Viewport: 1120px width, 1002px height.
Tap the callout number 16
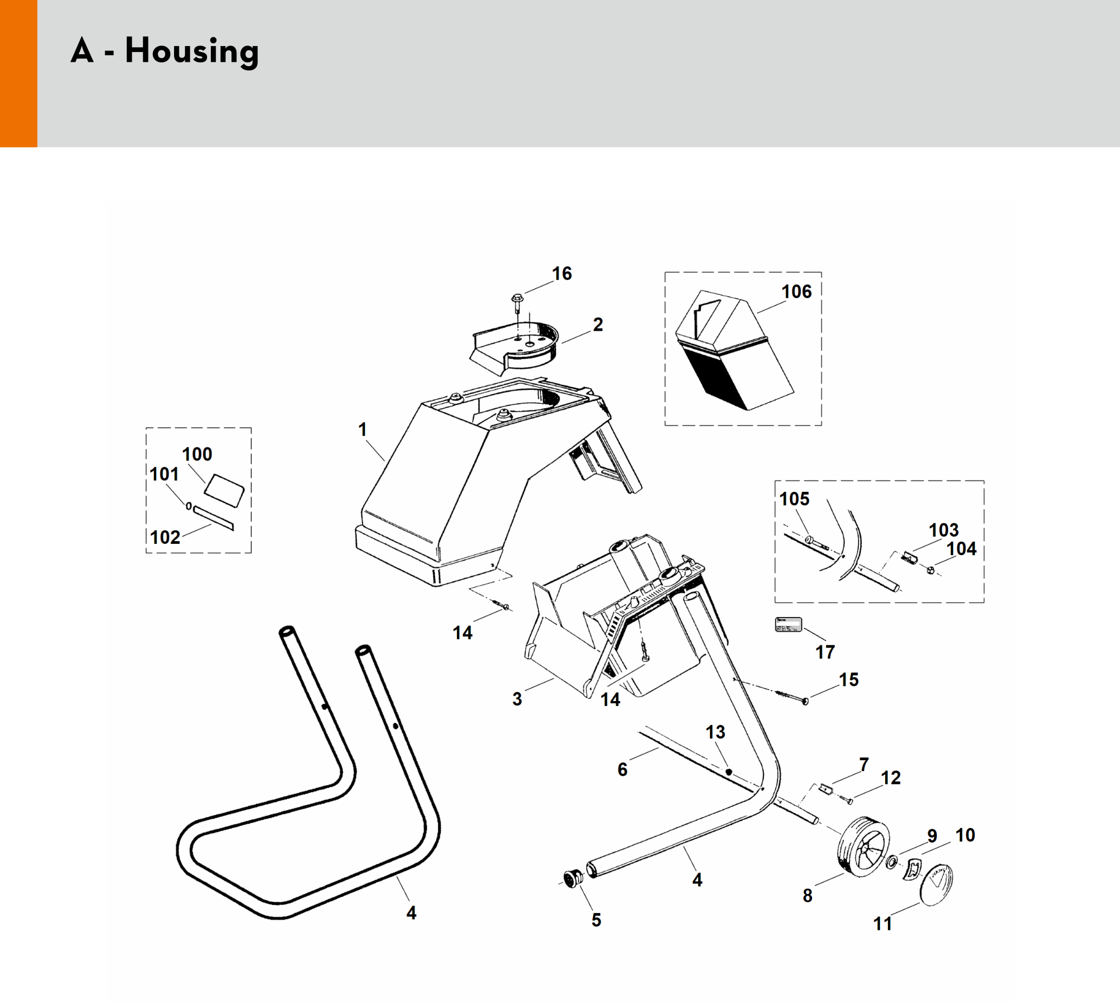[562, 274]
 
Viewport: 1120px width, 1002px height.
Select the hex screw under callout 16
[517, 300]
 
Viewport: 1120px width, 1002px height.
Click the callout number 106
[796, 292]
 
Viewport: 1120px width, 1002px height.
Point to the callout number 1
[362, 429]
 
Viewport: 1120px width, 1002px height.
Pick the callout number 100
[197, 454]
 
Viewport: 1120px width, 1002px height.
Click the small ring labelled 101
[189, 506]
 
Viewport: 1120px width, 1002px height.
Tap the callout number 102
[165, 537]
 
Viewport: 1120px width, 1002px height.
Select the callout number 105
[794, 499]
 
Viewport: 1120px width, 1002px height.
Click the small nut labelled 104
[931, 570]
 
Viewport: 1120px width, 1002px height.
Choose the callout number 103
[944, 530]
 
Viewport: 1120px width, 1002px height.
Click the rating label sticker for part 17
[788, 625]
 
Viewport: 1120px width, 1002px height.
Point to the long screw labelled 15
[793, 697]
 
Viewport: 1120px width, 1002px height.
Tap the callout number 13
[716, 732]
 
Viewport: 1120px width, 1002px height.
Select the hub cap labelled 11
[936, 884]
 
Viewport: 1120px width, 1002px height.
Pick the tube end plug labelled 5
[573, 879]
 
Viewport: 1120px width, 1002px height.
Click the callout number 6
[622, 770]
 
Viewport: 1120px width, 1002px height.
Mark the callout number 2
[598, 325]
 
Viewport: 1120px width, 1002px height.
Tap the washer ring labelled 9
[892, 862]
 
